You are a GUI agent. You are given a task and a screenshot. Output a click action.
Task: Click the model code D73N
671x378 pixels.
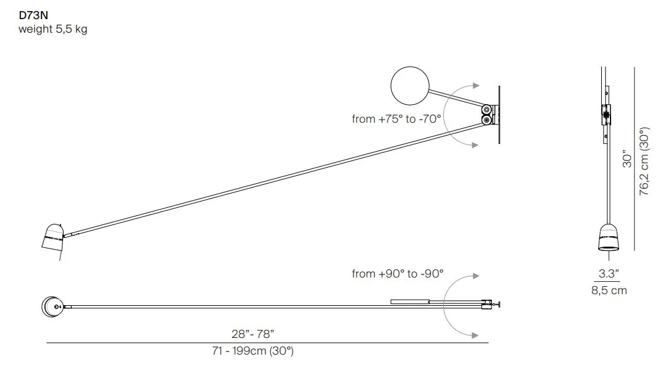pyautogui.click(x=33, y=15)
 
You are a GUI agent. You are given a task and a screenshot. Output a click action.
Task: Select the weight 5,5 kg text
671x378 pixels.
pyautogui.click(x=53, y=29)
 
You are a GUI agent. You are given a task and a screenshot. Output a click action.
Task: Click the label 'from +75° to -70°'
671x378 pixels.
pyautogui.click(x=396, y=119)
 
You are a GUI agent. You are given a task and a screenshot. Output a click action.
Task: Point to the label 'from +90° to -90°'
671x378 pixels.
pyautogui.click(x=398, y=274)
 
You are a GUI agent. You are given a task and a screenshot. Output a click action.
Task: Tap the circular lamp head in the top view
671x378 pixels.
pyautogui.click(x=52, y=306)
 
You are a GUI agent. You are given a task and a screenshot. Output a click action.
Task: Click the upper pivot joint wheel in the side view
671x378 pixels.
pyautogui.click(x=486, y=110)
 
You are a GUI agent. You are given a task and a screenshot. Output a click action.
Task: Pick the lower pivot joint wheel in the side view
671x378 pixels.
pyautogui.click(x=486, y=120)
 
